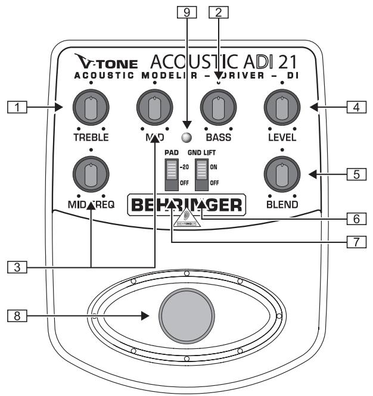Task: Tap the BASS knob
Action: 218,108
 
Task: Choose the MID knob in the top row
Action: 154,108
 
